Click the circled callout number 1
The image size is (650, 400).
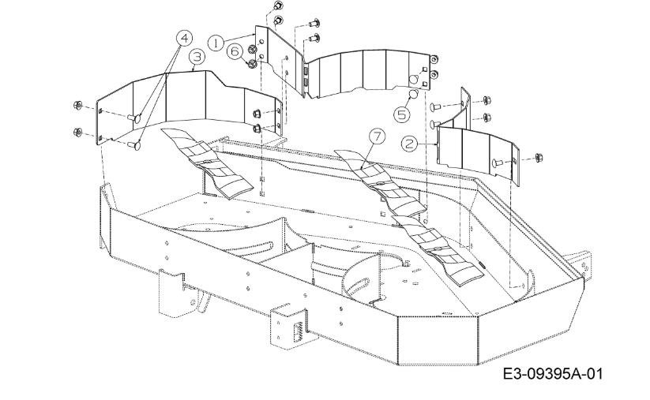click(x=216, y=43)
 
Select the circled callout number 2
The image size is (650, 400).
click(x=410, y=144)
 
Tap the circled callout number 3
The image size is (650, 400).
click(x=197, y=57)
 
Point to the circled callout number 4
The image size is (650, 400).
click(x=185, y=39)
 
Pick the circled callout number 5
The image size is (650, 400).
click(x=401, y=114)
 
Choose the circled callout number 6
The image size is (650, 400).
click(x=235, y=51)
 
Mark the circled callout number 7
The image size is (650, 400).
click(x=377, y=137)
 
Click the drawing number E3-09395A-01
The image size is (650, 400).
click(x=553, y=374)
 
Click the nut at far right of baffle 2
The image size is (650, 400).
click(x=539, y=158)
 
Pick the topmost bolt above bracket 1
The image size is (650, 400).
click(x=278, y=6)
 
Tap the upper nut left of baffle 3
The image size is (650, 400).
click(x=77, y=105)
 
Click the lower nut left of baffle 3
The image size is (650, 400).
click(x=77, y=132)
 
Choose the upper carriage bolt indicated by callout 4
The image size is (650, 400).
click(x=134, y=119)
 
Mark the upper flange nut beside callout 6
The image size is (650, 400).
click(x=251, y=50)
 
